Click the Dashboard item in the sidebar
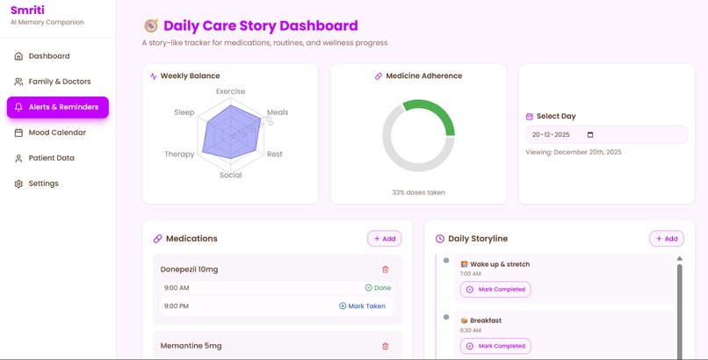click(x=48, y=56)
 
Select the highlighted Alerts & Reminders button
click(x=58, y=107)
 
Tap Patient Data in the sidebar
click(x=51, y=158)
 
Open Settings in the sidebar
click(x=43, y=184)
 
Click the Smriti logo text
click(x=27, y=10)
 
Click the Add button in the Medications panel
click(x=384, y=238)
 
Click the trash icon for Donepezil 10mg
click(x=385, y=270)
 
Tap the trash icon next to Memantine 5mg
click(x=385, y=346)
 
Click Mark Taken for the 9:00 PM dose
click(x=362, y=306)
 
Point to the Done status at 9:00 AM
click(x=378, y=287)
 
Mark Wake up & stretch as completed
click(x=495, y=289)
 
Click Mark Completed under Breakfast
click(x=495, y=346)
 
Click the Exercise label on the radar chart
click(x=230, y=91)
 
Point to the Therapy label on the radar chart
click(x=179, y=155)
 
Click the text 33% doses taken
click(x=418, y=192)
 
